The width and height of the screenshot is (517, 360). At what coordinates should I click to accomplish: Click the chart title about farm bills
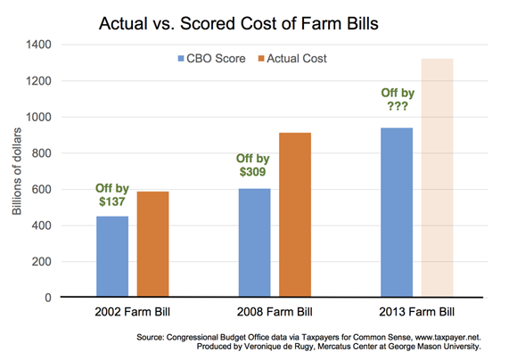[x=238, y=24]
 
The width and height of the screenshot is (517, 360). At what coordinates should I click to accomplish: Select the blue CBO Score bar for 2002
[x=112, y=257]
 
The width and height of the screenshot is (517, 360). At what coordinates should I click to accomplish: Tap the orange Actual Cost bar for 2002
[x=153, y=244]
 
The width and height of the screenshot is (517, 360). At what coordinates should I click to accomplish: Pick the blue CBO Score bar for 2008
[x=255, y=242]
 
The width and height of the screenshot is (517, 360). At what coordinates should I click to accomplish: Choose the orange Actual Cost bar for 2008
[x=295, y=215]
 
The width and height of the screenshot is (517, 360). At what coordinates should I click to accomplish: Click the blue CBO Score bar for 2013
[x=397, y=212]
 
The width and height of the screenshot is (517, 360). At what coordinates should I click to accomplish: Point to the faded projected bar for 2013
[x=437, y=177]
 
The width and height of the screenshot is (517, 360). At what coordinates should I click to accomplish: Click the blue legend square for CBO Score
[x=181, y=59]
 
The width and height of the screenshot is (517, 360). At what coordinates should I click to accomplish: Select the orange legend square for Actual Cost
[x=261, y=59]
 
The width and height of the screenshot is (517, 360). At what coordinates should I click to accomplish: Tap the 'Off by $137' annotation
[x=112, y=195]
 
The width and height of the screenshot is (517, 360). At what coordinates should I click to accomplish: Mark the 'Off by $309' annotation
[x=253, y=165]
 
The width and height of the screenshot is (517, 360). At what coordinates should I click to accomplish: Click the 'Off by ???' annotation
[x=398, y=99]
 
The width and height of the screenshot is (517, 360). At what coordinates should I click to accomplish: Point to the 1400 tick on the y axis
[x=38, y=45]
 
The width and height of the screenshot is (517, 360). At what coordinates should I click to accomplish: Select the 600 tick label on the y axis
[x=42, y=189]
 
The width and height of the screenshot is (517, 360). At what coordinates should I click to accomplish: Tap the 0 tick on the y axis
[x=48, y=298]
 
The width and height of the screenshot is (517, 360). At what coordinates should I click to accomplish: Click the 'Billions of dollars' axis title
[x=17, y=171]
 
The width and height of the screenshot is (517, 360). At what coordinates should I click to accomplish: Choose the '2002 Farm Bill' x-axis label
[x=133, y=312]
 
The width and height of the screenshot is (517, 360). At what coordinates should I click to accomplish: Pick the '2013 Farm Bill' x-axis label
[x=417, y=312]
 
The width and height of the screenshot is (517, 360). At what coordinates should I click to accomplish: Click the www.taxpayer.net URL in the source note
[x=448, y=337]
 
